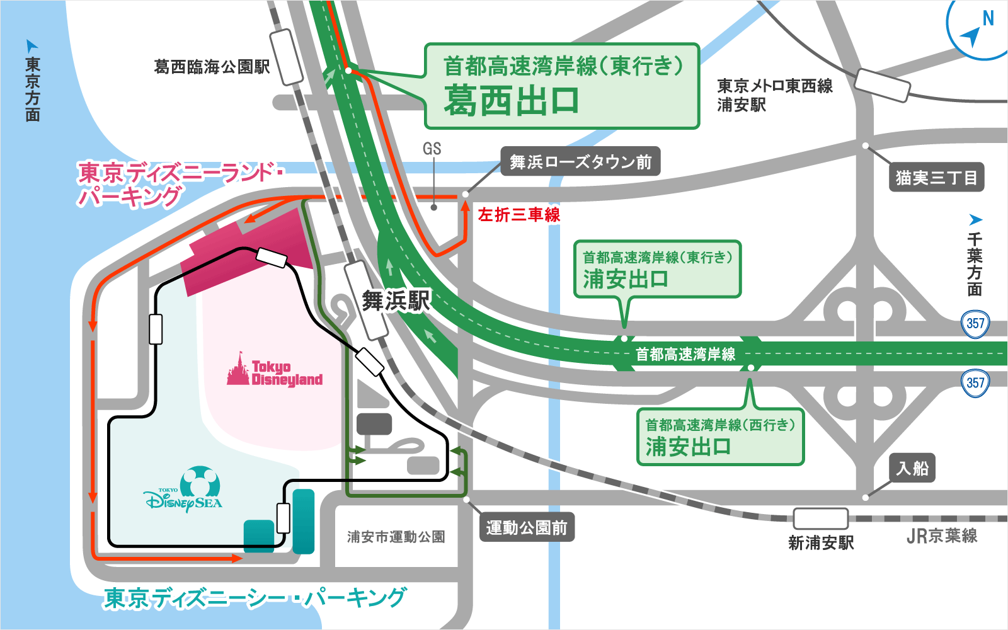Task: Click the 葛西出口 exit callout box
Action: pyautogui.click(x=562, y=86)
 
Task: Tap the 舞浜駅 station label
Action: pyautogui.click(x=396, y=301)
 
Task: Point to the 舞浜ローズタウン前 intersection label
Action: pyautogui.click(x=580, y=162)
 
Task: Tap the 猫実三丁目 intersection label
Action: pyautogui.click(x=936, y=178)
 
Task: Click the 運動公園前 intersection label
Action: pyautogui.click(x=527, y=527)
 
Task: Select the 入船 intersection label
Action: pyautogui.click(x=912, y=468)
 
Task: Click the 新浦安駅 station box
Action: pyautogui.click(x=820, y=518)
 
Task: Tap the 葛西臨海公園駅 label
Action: pyautogui.click(x=212, y=67)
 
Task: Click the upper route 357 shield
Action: pyautogui.click(x=975, y=324)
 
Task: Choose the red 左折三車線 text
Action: pyautogui.click(x=519, y=215)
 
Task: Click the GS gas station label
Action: pyautogui.click(x=432, y=149)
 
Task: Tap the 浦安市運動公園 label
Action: pyautogui.click(x=396, y=537)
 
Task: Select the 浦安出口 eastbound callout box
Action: pyautogui.click(x=657, y=269)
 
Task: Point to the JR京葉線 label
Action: pyautogui.click(x=942, y=536)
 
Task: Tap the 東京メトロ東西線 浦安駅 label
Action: pyautogui.click(x=775, y=95)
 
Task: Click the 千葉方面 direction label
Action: pyautogui.click(x=975, y=265)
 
